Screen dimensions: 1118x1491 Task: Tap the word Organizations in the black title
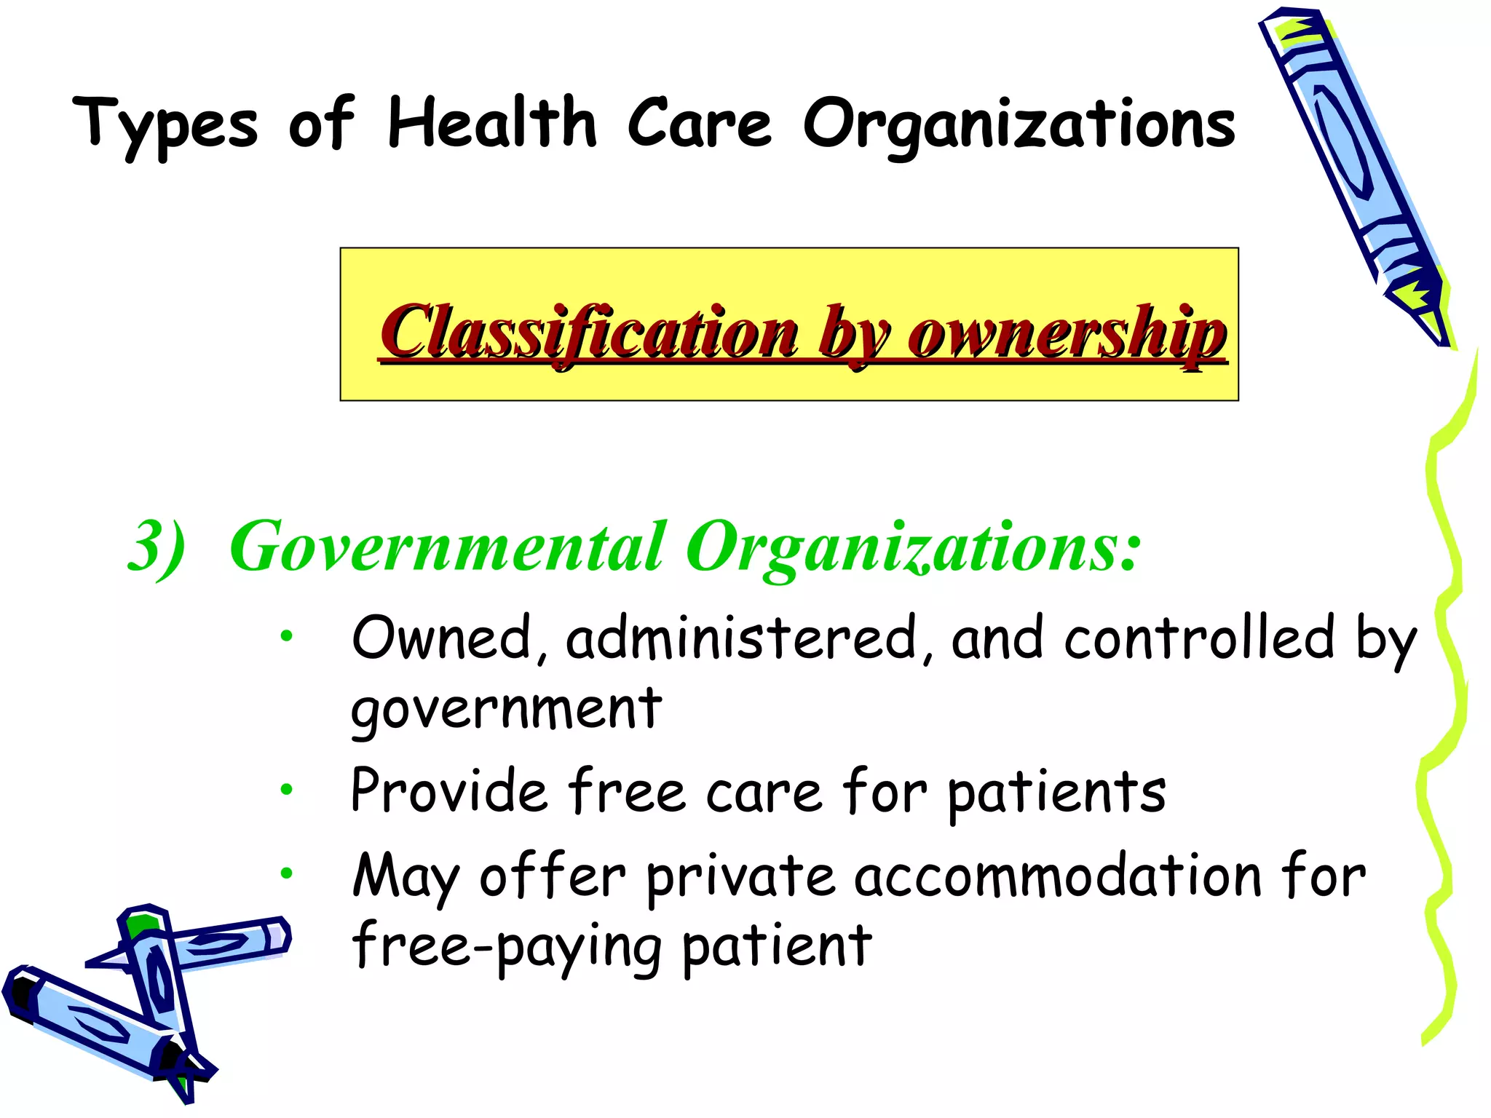(x=1019, y=125)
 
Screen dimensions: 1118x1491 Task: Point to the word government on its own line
(x=506, y=710)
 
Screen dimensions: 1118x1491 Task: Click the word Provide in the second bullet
(x=449, y=791)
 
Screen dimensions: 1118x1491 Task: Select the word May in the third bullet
(x=406, y=878)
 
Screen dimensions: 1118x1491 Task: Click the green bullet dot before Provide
(x=287, y=789)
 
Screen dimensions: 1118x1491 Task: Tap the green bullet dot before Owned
(x=287, y=636)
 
